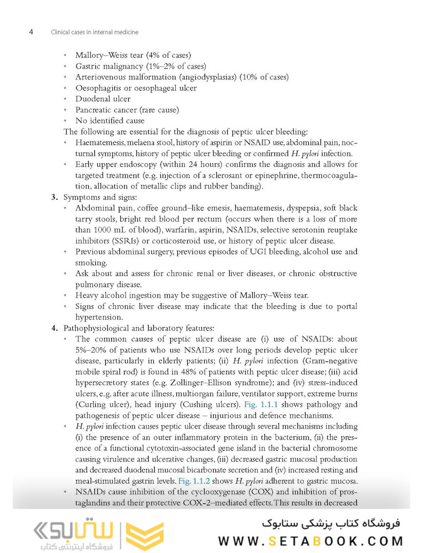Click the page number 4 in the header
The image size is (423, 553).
[31, 32]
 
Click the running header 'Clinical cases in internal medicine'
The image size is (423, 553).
[95, 32]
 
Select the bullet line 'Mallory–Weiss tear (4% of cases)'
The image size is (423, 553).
[133, 55]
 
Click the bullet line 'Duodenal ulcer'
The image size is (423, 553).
[103, 99]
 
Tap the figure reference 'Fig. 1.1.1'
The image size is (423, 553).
[262, 405]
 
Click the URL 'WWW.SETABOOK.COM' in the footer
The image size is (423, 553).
[311, 541]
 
